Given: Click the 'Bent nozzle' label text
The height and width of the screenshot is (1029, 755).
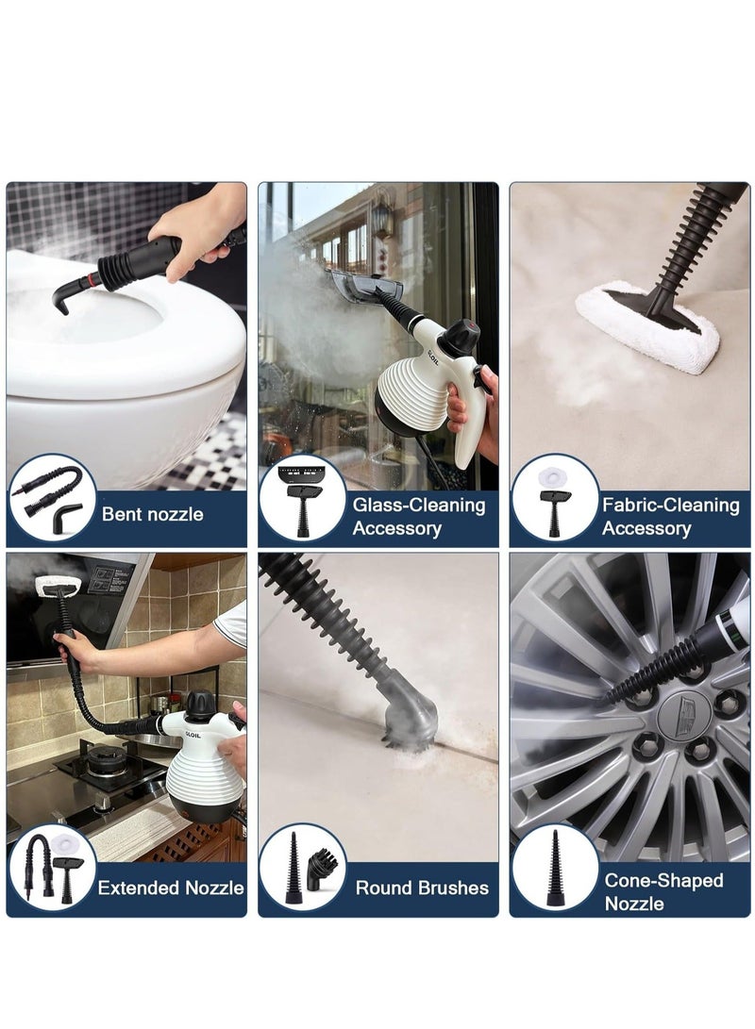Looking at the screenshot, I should [152, 515].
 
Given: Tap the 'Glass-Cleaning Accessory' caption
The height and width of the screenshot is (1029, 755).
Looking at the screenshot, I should [418, 516].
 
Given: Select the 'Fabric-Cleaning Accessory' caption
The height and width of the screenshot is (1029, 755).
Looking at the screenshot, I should [670, 516].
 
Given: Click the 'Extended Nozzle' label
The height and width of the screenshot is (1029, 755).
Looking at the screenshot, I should [171, 888].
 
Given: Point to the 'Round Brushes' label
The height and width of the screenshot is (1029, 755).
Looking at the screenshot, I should [422, 888].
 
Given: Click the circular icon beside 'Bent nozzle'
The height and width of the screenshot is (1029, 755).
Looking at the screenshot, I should [51, 498].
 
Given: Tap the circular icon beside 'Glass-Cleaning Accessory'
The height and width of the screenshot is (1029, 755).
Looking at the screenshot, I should [303, 498].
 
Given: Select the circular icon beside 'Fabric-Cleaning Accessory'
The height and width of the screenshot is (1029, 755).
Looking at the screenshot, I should [555, 498].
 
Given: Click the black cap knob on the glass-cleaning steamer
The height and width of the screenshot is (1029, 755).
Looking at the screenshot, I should [461, 333].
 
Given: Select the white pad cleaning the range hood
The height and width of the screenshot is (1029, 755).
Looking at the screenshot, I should [57, 586].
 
